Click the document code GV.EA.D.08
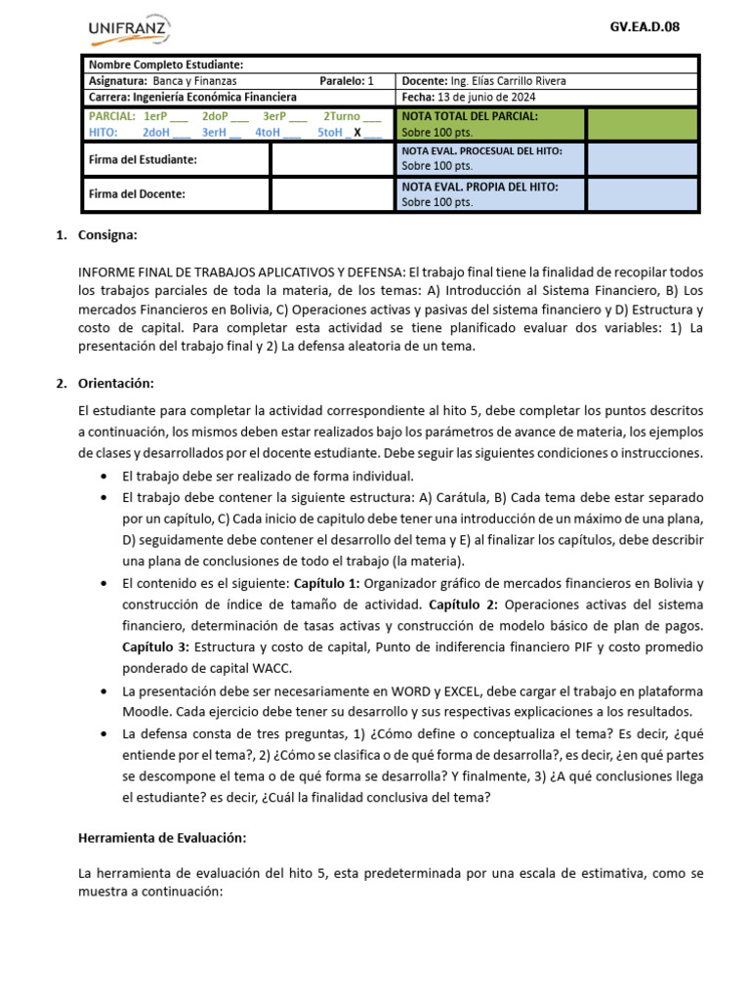(x=644, y=27)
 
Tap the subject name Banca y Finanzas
(x=194, y=81)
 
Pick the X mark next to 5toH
(x=357, y=132)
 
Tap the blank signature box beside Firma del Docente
(x=333, y=193)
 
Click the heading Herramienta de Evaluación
(x=162, y=837)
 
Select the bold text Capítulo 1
(x=327, y=583)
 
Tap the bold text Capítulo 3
(x=155, y=646)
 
